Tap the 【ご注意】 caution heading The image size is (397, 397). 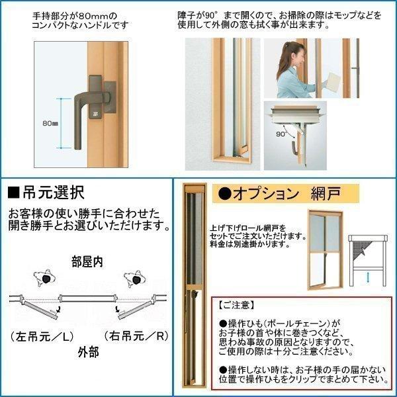point(237,306)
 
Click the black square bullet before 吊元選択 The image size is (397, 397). point(13,194)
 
